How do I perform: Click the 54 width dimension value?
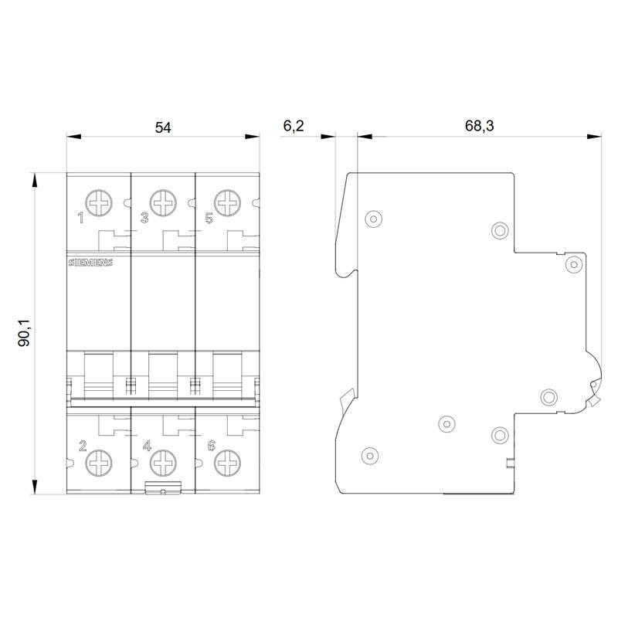coord(163,127)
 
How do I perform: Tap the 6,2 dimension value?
coord(294,126)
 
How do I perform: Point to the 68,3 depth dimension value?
coord(479,126)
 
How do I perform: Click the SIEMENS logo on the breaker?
coord(90,263)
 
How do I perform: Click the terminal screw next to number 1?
coord(99,203)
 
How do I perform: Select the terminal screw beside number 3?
coord(163,203)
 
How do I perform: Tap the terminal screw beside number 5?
coord(227,203)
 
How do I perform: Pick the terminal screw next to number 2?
coord(99,463)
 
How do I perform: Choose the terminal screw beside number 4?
coord(163,463)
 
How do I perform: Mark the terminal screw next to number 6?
coord(227,463)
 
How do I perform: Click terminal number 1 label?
coord(81,218)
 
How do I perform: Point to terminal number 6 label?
coord(212,446)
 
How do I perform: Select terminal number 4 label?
coord(147,446)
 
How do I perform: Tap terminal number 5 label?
coord(209,218)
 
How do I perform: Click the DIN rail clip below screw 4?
coord(163,487)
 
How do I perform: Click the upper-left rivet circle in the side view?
coord(373,219)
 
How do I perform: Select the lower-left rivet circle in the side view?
coord(370,456)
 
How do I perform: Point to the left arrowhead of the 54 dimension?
coord(73,137)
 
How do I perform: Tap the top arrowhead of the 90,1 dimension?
coord(35,180)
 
